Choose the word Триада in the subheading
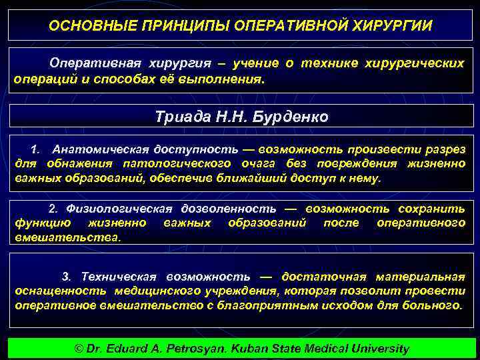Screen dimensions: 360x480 click(x=179, y=117)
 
